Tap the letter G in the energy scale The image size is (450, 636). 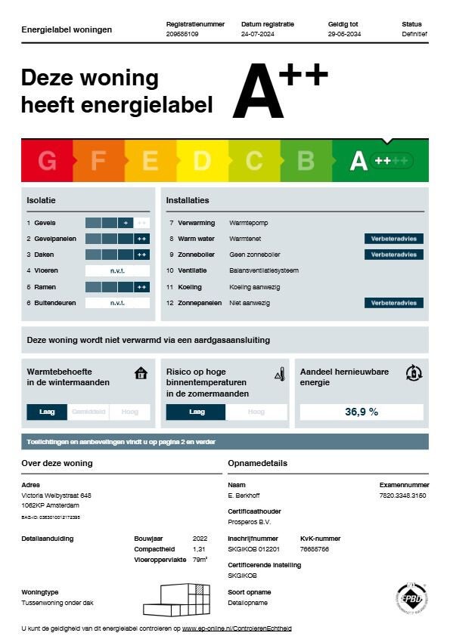point(47,161)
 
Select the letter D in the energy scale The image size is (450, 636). point(202,161)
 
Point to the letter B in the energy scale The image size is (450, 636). point(306,161)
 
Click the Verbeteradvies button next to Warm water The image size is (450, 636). point(393,239)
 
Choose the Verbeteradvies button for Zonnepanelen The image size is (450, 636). point(393,303)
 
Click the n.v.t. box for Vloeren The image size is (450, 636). point(117,270)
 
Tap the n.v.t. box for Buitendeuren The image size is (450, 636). point(117,303)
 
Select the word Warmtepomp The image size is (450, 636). point(248,223)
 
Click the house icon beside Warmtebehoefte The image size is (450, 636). point(141,373)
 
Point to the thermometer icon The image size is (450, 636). point(279,374)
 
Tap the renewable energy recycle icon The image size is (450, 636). point(413,372)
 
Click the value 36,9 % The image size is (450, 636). point(362,412)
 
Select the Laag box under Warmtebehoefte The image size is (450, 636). point(47,412)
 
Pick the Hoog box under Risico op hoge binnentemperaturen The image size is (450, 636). point(256,412)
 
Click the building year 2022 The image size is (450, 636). point(200,539)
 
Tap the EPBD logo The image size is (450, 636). point(411,599)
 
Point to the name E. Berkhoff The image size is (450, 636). point(243,496)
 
